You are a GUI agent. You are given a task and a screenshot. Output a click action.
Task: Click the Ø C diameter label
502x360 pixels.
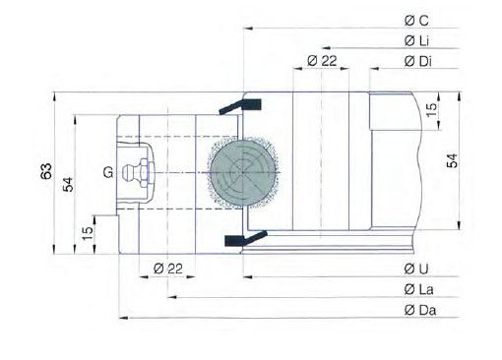[x=416, y=21]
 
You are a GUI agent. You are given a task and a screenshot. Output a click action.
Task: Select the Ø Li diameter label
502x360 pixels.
[x=416, y=41]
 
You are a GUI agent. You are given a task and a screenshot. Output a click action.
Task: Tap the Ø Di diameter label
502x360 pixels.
[x=418, y=61]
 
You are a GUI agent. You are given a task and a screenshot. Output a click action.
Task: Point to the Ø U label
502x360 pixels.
[x=416, y=269]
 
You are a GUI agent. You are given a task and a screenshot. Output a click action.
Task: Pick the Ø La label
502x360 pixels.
[x=418, y=289]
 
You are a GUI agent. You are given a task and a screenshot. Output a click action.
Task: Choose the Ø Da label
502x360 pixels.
[x=420, y=310]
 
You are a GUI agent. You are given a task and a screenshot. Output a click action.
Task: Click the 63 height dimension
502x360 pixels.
[x=46, y=171]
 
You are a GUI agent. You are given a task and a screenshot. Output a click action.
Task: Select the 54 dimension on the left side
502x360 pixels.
[x=68, y=184]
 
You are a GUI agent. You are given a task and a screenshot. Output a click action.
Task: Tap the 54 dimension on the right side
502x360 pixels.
[x=452, y=160]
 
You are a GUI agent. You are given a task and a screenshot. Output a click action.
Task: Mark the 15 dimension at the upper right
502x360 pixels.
[x=431, y=109]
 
